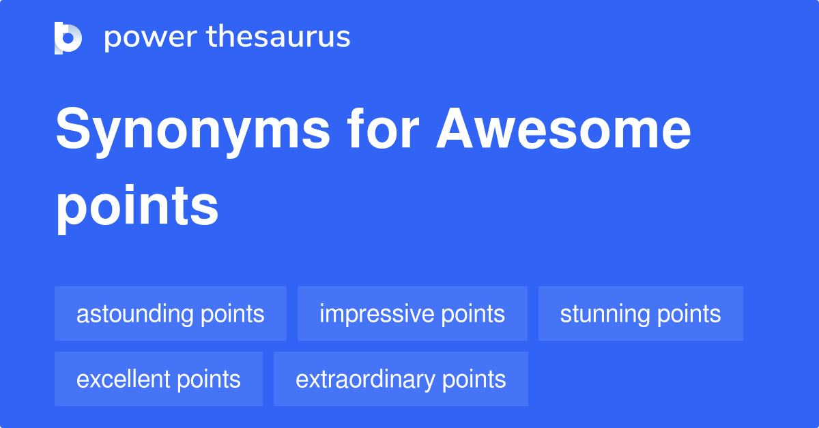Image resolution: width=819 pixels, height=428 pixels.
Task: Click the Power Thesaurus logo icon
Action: click(68, 37)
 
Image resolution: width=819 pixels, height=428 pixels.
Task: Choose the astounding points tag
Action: click(171, 314)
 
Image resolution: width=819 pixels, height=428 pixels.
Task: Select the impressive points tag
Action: click(412, 314)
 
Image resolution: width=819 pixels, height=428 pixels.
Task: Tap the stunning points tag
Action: click(640, 314)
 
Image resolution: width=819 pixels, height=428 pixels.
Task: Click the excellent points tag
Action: click(158, 379)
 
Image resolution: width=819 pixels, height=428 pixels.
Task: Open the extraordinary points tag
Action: click(401, 379)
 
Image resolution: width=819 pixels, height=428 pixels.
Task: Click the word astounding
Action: click(135, 314)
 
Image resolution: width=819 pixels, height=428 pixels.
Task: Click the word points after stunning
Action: click(689, 314)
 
